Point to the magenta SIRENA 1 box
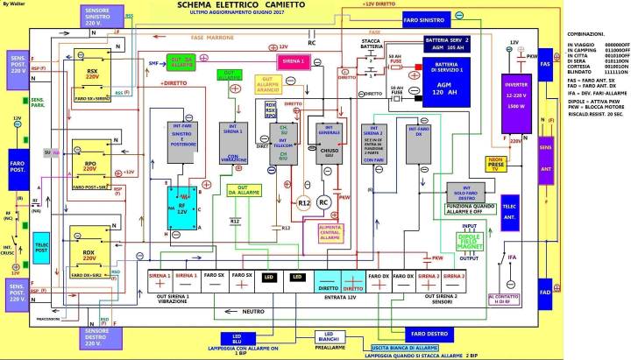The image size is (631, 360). point(294,61)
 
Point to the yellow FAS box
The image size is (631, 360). point(545,66)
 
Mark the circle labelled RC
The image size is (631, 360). point(323,202)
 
